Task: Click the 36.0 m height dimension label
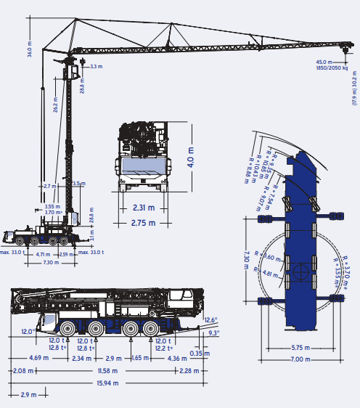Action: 30,49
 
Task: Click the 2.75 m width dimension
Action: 143,223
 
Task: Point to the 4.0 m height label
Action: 191,158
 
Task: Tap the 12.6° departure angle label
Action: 211,320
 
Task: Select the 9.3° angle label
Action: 213,332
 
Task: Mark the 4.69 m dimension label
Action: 39,358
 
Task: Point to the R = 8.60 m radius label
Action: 270,258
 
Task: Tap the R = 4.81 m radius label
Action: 269,274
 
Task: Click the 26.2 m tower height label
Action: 57,107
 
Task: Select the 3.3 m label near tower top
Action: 97,67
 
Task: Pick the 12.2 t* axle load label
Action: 163,348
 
